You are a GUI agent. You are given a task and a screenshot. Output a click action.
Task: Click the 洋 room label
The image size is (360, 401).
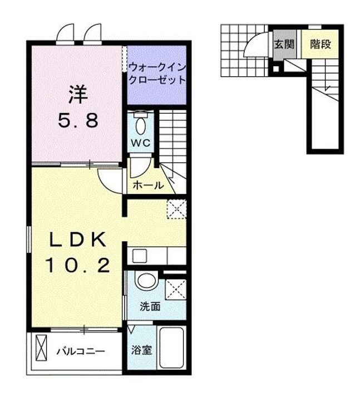tap(78, 94)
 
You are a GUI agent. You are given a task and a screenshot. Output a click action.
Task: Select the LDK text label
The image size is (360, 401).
tap(78, 240)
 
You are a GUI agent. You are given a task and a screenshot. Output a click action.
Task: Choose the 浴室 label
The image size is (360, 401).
tap(141, 351)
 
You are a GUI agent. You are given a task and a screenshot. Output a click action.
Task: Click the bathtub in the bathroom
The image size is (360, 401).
tap(172, 349)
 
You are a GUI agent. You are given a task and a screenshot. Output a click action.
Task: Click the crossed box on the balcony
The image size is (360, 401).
tap(42, 349)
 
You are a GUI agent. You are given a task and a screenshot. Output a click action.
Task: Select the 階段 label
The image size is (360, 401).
tap(320, 45)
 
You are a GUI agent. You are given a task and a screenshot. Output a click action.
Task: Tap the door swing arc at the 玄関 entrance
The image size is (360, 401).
tap(255, 45)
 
